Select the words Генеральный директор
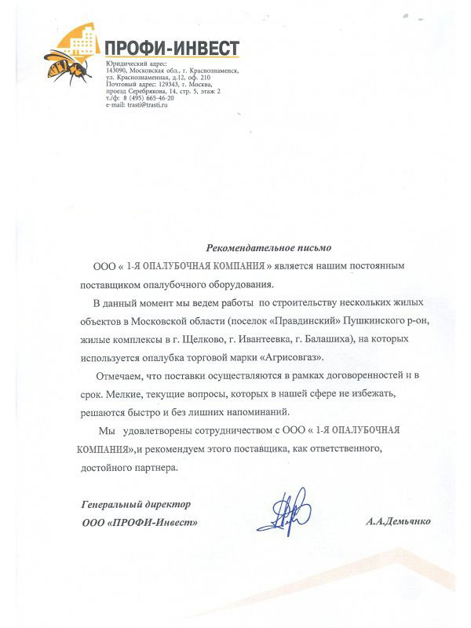click(x=137, y=503)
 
